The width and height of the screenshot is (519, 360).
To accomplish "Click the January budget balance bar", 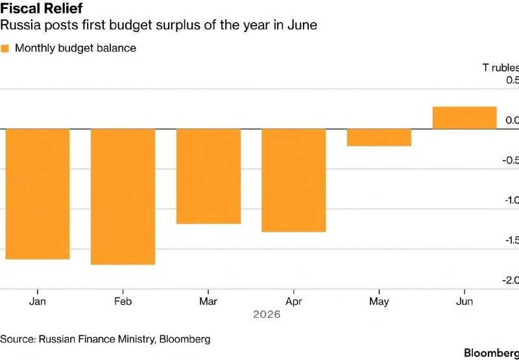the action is (38, 194).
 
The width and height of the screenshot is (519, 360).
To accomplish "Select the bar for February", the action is (123, 197).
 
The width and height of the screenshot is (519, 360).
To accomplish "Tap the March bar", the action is (208, 176).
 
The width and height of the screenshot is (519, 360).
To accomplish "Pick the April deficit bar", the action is (294, 180).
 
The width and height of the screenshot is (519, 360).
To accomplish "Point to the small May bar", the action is (379, 138).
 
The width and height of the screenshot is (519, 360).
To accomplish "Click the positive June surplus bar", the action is (465, 118).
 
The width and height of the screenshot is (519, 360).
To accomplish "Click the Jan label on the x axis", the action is (38, 302).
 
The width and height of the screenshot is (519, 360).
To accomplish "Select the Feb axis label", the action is (123, 302).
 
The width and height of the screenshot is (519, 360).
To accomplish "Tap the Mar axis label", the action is (208, 302).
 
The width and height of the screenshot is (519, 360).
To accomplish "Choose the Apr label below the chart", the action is (294, 302).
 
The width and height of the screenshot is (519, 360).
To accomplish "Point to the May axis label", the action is (379, 302).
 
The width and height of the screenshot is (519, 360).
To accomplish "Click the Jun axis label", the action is (465, 302).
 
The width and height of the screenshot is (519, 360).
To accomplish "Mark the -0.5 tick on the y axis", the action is (511, 160).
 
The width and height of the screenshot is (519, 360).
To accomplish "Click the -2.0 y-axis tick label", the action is (511, 281).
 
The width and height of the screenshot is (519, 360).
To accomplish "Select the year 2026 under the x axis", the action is (267, 315).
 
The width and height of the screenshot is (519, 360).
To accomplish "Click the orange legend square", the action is (5, 49).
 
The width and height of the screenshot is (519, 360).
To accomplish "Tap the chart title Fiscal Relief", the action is (42, 8).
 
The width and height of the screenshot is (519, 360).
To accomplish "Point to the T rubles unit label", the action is (501, 68).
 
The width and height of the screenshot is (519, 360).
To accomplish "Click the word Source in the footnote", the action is (18, 339).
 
